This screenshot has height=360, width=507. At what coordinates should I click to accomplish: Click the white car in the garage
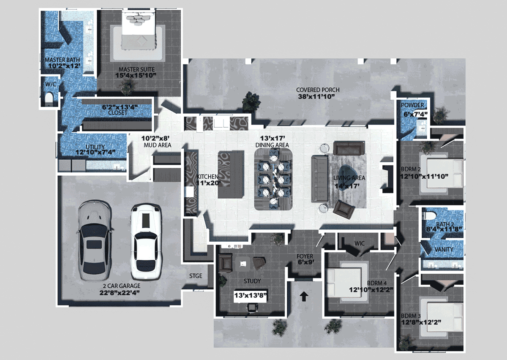tap(146, 243)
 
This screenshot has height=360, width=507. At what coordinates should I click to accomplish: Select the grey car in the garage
tap(95, 241)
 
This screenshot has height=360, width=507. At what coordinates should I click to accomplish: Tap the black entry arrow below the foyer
tap(304, 296)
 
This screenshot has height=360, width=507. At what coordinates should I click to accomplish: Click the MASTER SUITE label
tap(137, 70)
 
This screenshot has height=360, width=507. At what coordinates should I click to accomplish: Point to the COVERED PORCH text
tap(318, 90)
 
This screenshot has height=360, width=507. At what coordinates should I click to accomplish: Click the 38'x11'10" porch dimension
tap(316, 97)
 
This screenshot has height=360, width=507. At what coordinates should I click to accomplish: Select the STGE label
tap(196, 276)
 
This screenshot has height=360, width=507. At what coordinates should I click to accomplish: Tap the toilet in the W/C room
tap(49, 98)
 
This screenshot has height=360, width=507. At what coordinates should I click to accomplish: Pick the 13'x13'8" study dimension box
tap(251, 295)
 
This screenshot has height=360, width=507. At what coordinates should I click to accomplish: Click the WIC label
tap(360, 243)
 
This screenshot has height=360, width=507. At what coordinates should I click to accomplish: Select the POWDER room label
tap(412, 105)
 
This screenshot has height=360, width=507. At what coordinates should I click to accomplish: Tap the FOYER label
tap(305, 256)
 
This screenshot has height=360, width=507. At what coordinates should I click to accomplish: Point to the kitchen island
tap(231, 175)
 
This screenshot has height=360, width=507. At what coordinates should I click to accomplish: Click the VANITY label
tap(444, 249)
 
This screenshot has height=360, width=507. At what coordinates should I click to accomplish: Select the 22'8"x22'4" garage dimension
tap(120, 293)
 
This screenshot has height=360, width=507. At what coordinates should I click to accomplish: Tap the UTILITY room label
tap(95, 147)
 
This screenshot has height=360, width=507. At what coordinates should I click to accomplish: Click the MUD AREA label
tap(158, 145)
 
